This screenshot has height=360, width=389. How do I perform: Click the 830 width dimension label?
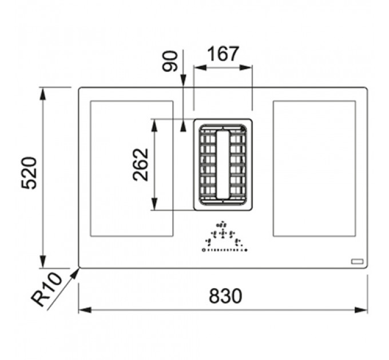click(225, 295)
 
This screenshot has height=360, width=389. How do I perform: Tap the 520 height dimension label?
click(29, 173)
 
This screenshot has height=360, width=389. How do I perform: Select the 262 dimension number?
click(141, 165)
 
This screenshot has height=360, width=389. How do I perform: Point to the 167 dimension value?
click(223, 54)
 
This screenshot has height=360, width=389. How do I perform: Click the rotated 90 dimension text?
click(170, 61)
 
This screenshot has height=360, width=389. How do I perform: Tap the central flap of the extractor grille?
click(223, 165)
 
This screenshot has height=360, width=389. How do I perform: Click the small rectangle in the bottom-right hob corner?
click(357, 261)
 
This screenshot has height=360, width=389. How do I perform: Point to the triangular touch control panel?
click(225, 237)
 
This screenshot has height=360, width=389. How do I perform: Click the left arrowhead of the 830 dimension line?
click(85, 310)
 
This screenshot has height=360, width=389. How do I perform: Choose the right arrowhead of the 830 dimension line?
click(361, 310)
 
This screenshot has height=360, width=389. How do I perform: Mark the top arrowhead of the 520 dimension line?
click(43, 94)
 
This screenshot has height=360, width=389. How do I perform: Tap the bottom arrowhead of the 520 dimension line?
click(43, 262)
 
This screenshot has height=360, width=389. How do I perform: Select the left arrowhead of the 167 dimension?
click(200, 67)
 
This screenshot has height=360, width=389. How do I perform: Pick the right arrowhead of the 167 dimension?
click(246, 67)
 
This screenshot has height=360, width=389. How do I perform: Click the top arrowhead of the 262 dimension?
click(154, 126)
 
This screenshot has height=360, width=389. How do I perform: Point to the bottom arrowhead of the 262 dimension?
click(154, 204)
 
